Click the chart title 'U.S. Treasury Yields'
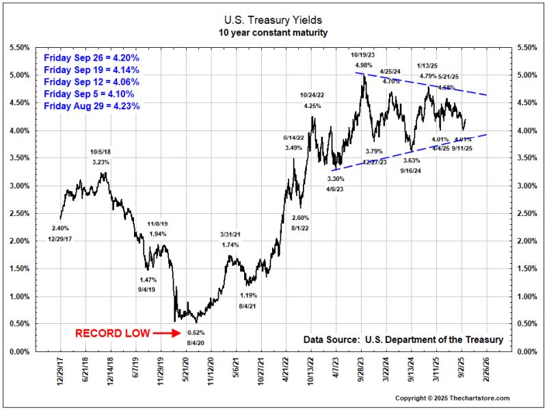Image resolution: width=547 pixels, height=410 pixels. pos(273,21)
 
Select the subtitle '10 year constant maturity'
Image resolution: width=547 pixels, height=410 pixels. pos(273,32)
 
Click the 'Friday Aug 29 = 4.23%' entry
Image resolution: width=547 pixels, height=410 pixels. pos(92,106)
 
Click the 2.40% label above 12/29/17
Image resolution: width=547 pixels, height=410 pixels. pos(62,228)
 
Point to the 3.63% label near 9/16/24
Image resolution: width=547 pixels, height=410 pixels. pos(412,160)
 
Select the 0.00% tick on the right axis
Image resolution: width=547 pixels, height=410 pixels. pos(528,352)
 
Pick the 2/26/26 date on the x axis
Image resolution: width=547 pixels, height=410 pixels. pos(486,370)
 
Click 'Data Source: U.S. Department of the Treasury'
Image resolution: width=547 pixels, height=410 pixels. pos(403,340)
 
